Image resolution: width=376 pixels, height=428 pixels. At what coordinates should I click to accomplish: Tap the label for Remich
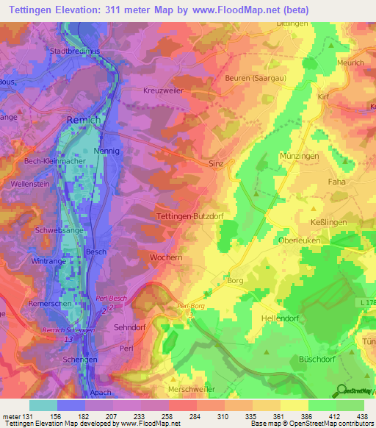point(81,120)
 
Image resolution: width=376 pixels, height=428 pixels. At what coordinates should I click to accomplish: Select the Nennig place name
point(109,151)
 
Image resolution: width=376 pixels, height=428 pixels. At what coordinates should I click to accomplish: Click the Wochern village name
point(166,259)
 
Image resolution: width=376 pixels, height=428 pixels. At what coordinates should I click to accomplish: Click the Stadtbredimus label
point(73,51)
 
